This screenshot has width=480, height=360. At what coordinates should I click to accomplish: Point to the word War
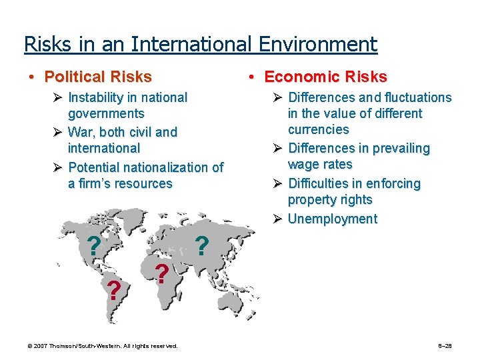[x=81, y=132]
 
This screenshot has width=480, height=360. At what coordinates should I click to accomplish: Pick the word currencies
[x=318, y=129]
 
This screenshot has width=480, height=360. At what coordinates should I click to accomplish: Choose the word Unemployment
[x=332, y=219]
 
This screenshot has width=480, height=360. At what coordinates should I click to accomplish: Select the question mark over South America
[x=115, y=291]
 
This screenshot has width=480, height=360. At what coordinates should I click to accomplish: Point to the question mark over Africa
[x=161, y=273]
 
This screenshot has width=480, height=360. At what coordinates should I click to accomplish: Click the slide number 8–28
[x=445, y=346]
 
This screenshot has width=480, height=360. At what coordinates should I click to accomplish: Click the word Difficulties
[x=321, y=183]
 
